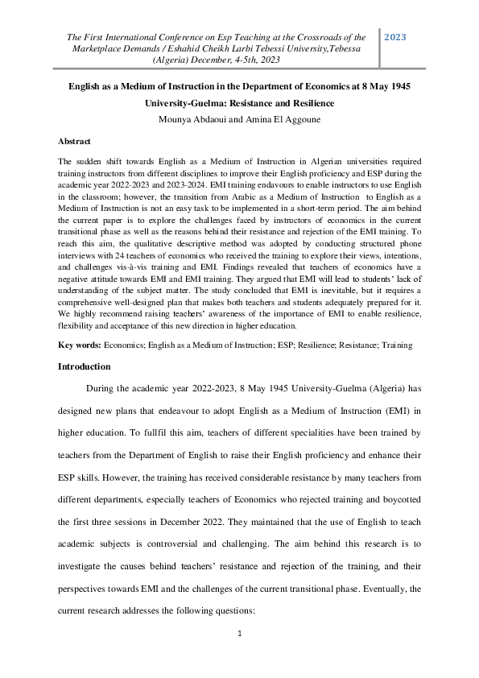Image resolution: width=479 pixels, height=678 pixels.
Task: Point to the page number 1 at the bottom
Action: pyautogui.click(x=239, y=635)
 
